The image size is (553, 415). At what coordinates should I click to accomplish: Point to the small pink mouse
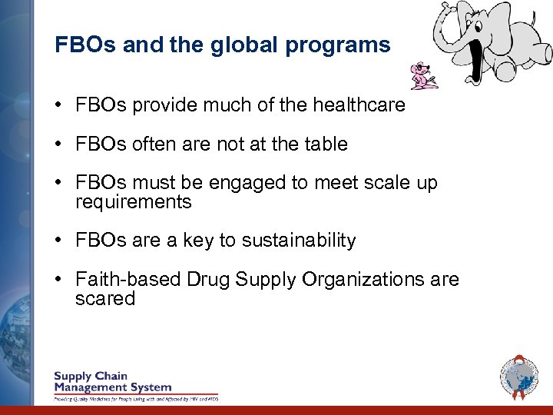[x=423, y=75]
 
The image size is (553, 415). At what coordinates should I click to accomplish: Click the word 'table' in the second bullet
[x=326, y=144]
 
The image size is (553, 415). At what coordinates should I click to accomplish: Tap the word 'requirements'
[x=133, y=202]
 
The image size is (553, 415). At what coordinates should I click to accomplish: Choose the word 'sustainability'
[x=299, y=241]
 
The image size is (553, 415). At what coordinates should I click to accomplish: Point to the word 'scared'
[x=105, y=298]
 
